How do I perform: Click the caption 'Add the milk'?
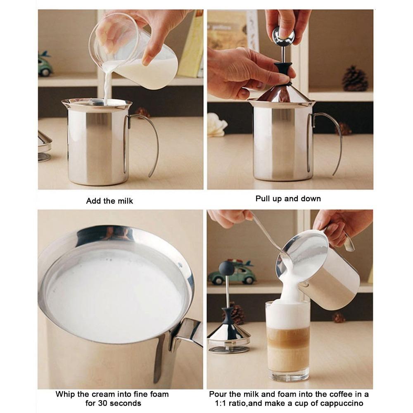click(x=109, y=201)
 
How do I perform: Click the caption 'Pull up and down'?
click(x=288, y=199)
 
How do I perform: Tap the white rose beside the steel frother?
click(x=216, y=125)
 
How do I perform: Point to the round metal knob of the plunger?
click(x=283, y=38)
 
